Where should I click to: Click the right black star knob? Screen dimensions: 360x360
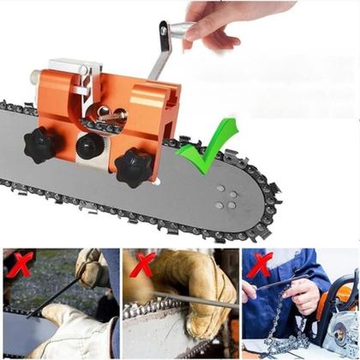tap(133, 165)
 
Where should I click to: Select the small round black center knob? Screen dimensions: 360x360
tap(89, 147)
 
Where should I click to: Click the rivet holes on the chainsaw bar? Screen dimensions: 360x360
tap(226, 198)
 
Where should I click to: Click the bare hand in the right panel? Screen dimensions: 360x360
tap(304, 295)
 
